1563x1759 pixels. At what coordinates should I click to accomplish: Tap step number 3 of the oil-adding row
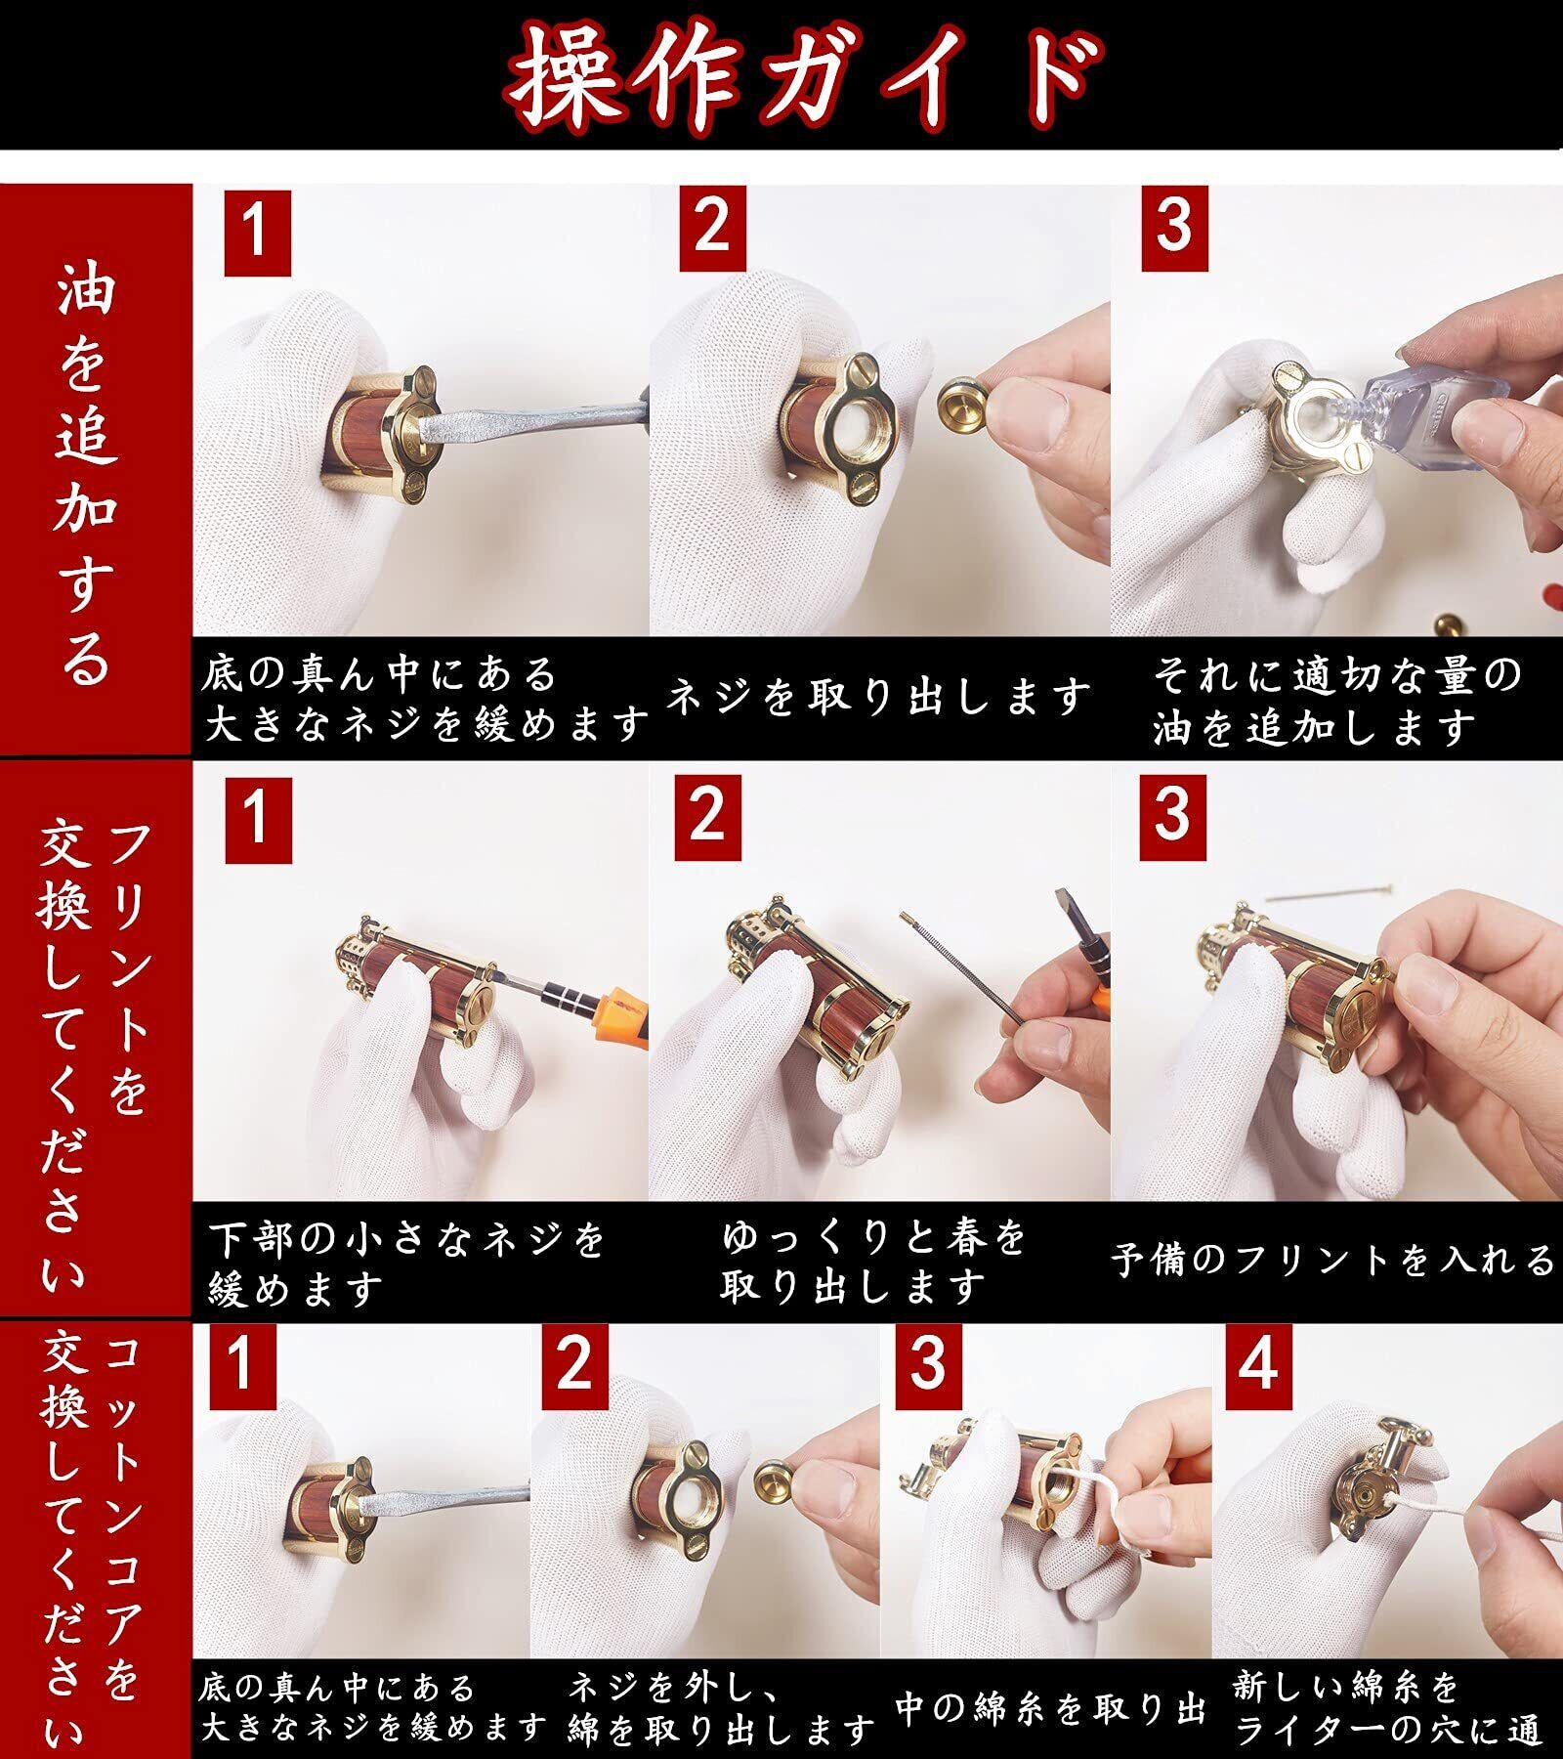click(x=1174, y=227)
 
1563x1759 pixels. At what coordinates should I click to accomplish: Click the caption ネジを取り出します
click(x=879, y=697)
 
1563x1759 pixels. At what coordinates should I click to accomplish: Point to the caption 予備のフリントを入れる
click(x=1334, y=1260)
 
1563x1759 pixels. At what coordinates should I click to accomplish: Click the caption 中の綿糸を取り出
click(x=1051, y=1707)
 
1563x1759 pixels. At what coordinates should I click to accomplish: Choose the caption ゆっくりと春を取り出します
click(x=873, y=1261)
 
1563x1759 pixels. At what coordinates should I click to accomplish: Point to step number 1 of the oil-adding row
click(x=257, y=233)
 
